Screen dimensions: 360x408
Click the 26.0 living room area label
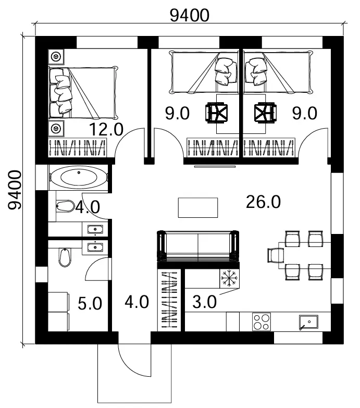tap(263, 202)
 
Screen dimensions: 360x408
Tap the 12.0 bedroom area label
tap(106, 129)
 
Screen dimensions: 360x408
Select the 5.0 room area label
tap(90, 303)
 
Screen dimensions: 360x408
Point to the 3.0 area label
tap(204, 302)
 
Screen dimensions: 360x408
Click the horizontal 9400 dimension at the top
tap(189, 15)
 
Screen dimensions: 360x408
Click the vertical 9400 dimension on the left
tap(15, 190)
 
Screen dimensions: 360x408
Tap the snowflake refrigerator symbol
tap(229, 278)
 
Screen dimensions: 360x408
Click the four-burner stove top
tap(262, 322)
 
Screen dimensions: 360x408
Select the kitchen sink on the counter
tap(308, 323)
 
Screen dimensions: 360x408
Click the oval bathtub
tap(79, 177)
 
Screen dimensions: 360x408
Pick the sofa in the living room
tap(198, 246)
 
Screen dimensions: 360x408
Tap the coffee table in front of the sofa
tap(198, 207)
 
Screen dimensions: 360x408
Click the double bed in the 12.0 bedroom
tap(83, 93)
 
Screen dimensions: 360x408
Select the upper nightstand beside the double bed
tap(56, 56)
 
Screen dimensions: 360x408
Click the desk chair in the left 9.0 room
tap(217, 113)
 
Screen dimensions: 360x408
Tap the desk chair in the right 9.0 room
tap(265, 113)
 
